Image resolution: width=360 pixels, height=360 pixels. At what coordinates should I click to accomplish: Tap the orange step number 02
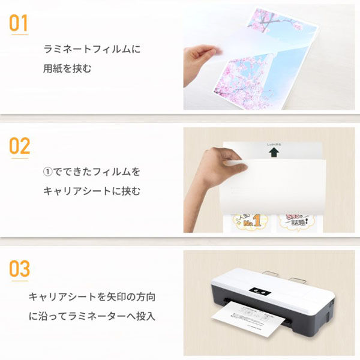tap(19, 146)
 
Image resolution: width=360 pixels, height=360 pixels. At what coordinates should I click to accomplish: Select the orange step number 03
tap(19, 269)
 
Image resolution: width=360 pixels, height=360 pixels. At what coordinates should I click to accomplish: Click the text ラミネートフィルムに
tap(92, 49)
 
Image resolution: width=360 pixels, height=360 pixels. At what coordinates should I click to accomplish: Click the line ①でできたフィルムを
tap(92, 172)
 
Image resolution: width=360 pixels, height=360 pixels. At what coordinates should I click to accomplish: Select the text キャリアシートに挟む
tap(91, 191)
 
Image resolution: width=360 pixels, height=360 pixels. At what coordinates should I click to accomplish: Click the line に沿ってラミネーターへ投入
tap(92, 316)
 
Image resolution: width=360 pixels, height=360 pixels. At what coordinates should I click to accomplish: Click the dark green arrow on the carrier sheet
tap(273, 154)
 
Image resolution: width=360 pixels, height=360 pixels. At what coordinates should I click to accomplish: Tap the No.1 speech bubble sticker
tap(247, 223)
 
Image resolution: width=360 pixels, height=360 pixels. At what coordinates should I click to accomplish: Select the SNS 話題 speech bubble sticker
tap(298, 223)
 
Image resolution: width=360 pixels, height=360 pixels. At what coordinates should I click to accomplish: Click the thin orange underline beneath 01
tap(19, 34)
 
